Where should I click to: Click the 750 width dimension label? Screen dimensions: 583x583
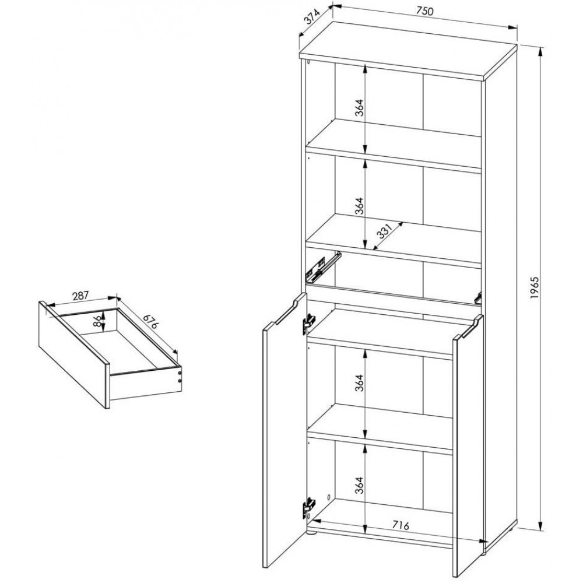pyautogui.click(x=424, y=11)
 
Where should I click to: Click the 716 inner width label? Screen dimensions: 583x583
pyautogui.click(x=401, y=525)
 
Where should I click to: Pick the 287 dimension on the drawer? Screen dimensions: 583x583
pyautogui.click(x=80, y=296)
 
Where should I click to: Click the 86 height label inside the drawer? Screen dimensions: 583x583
pyautogui.click(x=97, y=321)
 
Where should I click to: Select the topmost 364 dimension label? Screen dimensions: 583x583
pyautogui.click(x=359, y=108)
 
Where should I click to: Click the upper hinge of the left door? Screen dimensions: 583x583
pyautogui.click(x=308, y=323)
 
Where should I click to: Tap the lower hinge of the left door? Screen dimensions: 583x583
pyautogui.click(x=308, y=507)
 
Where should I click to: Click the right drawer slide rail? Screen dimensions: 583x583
pyautogui.click(x=478, y=297)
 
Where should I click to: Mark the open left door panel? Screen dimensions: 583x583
pyautogui.click(x=285, y=436)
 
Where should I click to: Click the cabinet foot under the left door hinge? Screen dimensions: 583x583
pyautogui.click(x=310, y=533)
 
